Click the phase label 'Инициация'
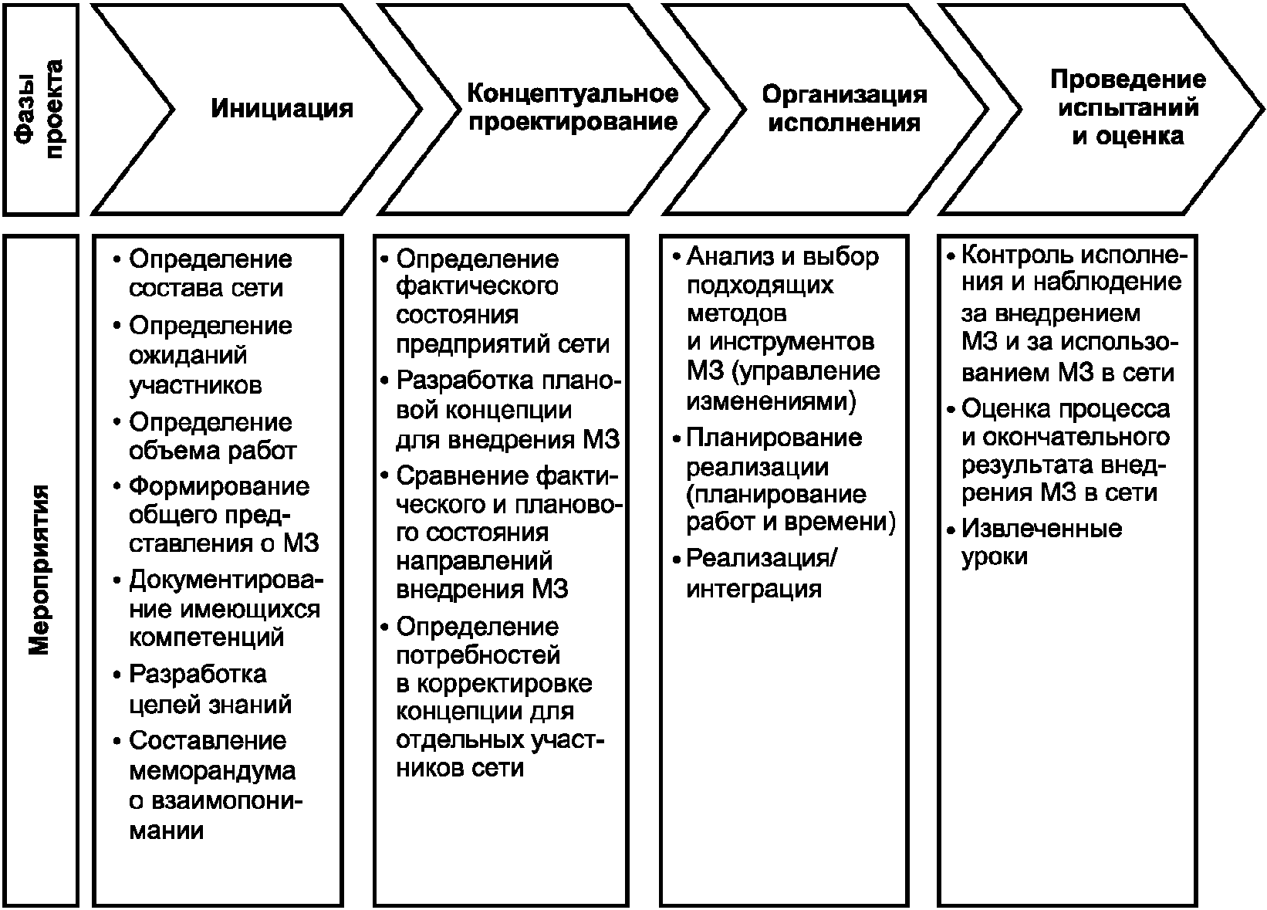point(282,108)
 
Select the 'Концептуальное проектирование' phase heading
point(573,108)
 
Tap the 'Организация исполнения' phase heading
point(844,109)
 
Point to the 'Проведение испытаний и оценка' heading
point(1128,108)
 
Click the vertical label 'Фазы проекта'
point(40,109)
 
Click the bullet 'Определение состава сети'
point(210,273)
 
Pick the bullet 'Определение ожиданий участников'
point(210,355)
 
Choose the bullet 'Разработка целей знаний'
point(210,689)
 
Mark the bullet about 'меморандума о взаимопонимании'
point(211,786)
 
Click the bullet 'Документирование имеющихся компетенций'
point(224,609)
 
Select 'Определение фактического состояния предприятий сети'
point(502,301)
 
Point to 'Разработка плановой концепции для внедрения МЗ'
point(507,411)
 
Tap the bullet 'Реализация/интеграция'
point(760,573)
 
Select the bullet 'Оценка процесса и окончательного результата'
point(1065,451)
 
